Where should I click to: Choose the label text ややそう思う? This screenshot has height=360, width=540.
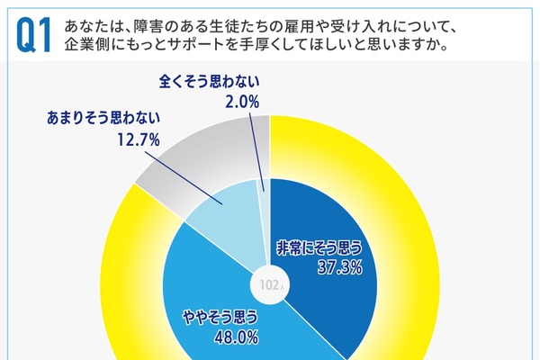(223, 317)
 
